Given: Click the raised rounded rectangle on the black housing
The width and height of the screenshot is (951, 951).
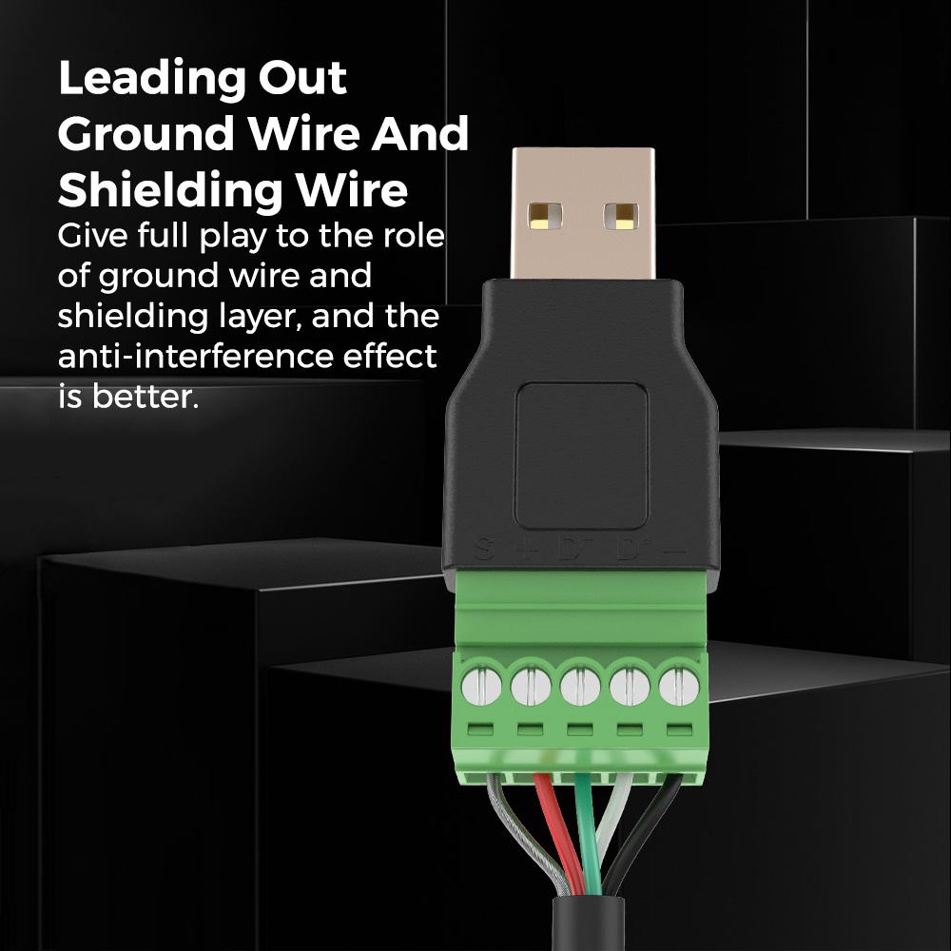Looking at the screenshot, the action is pos(581,456).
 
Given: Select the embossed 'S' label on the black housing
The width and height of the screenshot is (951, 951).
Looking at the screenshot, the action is pos(483,550).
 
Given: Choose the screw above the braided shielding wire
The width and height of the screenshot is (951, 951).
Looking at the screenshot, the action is pos(482,686).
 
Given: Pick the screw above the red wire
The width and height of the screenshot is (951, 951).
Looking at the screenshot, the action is pos(531,686).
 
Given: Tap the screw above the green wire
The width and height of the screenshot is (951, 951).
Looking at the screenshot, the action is pos(579,686).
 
